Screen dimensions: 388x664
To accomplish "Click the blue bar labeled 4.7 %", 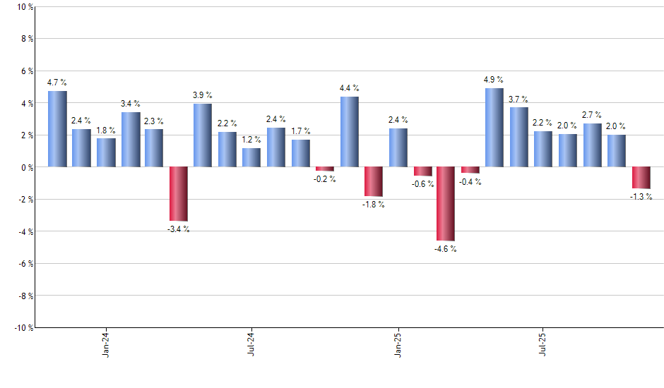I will (57, 129).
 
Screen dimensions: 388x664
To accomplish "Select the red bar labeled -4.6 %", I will (446, 204).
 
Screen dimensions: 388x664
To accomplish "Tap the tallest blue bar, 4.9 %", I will (494, 128).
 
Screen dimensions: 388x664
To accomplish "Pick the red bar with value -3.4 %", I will (179, 194).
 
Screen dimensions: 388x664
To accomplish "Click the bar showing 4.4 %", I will (349, 132).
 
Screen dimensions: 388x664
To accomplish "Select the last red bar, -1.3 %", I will (641, 178).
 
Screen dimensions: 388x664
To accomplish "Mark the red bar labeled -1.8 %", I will (373, 181).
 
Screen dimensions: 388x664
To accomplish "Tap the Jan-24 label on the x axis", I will (106, 345).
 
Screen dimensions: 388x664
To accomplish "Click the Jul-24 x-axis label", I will (251, 345).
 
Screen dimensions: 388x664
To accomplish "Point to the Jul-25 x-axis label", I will (543, 345).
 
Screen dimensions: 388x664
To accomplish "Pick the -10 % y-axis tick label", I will (23, 327).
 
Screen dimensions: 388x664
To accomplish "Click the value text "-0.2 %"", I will (325, 179).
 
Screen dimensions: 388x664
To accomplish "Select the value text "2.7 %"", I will (592, 114).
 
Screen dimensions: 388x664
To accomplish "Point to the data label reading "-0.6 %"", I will (422, 184).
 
